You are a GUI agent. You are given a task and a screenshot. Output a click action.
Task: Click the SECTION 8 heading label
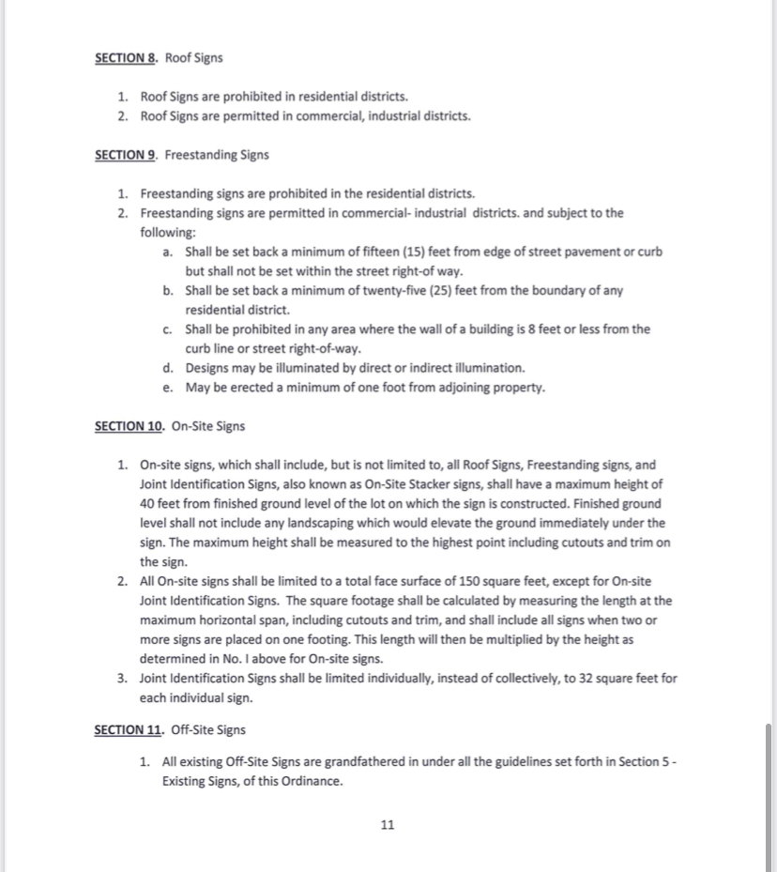(x=126, y=58)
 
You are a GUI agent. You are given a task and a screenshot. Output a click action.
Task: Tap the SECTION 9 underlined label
(x=126, y=155)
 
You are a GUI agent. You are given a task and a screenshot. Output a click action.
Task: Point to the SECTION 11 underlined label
(x=129, y=729)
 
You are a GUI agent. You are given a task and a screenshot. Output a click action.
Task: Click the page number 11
(x=388, y=825)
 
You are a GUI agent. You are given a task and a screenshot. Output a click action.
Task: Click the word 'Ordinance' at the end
(x=312, y=781)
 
